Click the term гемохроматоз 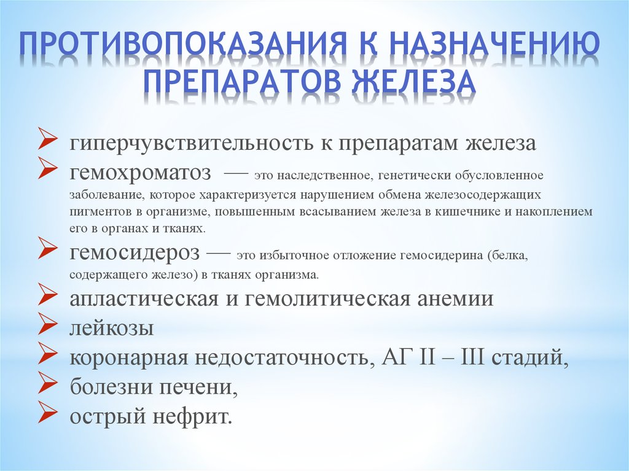pos(140,173)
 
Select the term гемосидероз pos(135,253)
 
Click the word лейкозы pos(112,328)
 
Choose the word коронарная pos(129,358)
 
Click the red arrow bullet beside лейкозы pos(47,325)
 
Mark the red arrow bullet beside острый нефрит pos(47,413)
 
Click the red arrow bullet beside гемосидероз pos(47,249)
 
